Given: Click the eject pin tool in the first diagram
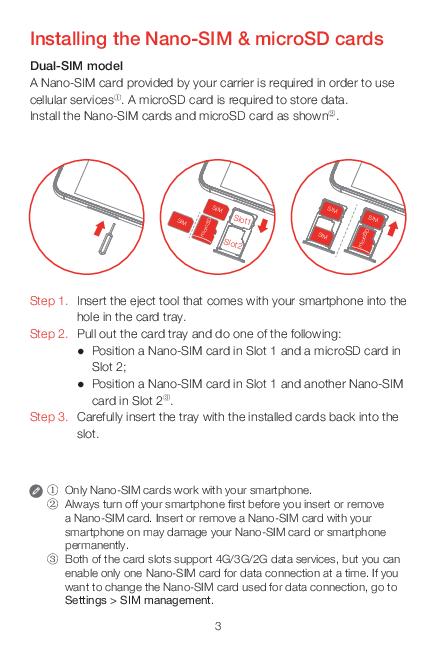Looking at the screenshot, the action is [x=107, y=240].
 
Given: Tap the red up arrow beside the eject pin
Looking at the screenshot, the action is [x=99, y=228].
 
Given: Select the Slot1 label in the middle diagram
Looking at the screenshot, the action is [x=243, y=219].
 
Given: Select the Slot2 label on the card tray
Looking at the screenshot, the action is [x=232, y=244].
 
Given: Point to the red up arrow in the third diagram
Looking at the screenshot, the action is [x=393, y=228].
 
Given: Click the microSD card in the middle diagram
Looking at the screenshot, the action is [x=206, y=229].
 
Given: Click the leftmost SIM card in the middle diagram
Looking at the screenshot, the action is [x=180, y=221].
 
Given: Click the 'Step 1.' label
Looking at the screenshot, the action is [x=49, y=301].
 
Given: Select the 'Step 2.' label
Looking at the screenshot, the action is [x=49, y=334].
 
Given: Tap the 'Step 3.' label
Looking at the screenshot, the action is [x=49, y=417].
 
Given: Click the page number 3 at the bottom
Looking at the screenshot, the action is [x=218, y=626].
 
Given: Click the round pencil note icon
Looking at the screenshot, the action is [x=36, y=491].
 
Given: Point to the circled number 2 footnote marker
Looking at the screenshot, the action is [x=53, y=504].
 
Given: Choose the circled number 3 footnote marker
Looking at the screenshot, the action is [x=53, y=560].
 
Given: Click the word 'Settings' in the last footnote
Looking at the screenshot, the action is [x=86, y=601].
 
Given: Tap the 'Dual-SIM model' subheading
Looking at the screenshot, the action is [x=76, y=66].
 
